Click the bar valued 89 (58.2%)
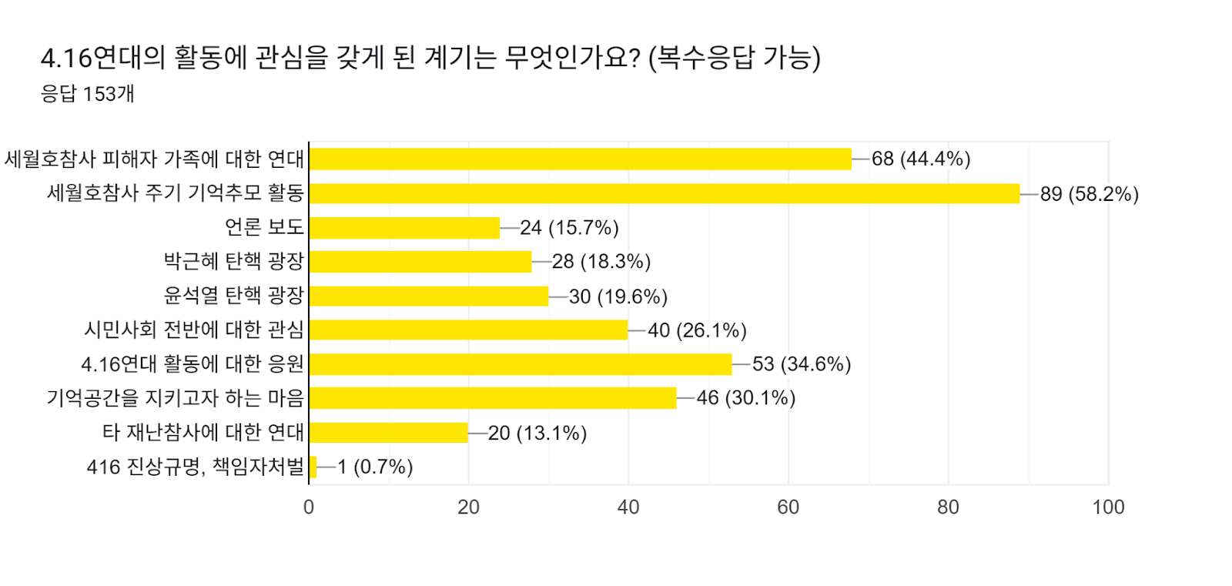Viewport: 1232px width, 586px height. [x=664, y=193]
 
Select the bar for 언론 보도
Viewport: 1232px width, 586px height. [x=404, y=228]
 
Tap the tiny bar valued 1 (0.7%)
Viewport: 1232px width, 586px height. [x=313, y=467]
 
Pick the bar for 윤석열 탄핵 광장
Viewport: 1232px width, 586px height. [x=428, y=296]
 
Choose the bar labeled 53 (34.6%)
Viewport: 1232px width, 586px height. [x=520, y=364]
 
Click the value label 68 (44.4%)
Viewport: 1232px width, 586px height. [x=920, y=159]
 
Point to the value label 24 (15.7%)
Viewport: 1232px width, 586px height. [x=569, y=228]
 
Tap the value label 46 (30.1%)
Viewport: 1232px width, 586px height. [x=745, y=398]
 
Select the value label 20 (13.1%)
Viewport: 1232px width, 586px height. [x=537, y=433]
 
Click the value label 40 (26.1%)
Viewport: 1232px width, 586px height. [x=697, y=330]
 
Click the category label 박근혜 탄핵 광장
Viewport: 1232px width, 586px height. [x=234, y=261]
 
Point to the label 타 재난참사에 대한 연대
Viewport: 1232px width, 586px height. [x=203, y=432]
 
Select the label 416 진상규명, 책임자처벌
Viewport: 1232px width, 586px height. [x=196, y=467]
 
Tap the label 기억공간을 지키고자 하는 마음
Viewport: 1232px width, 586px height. [x=176, y=398]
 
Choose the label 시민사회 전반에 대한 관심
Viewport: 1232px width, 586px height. [x=194, y=330]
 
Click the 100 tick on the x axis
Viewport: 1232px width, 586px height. [x=1108, y=507]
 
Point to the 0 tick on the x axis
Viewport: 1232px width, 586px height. [x=309, y=507]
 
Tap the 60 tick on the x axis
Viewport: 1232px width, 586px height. [x=788, y=507]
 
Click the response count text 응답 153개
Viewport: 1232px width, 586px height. [x=88, y=94]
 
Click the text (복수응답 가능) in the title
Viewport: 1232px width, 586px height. [x=734, y=57]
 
